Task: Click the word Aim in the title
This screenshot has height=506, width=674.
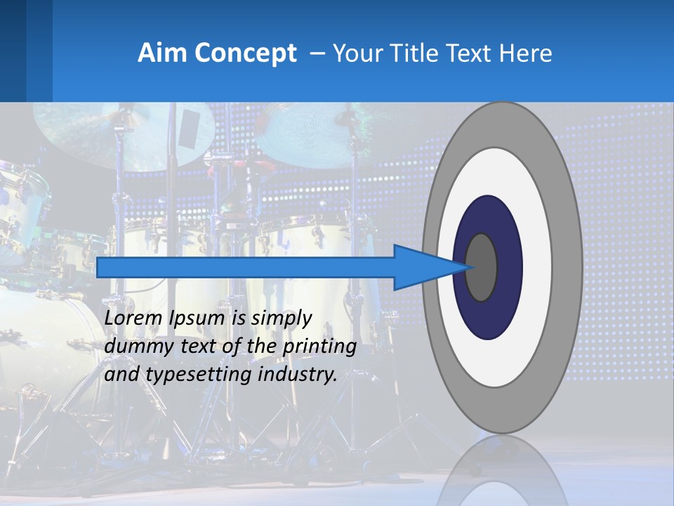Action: click(x=157, y=53)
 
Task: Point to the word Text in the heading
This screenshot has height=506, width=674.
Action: click(x=474, y=53)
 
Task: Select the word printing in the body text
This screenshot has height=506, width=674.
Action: click(x=319, y=346)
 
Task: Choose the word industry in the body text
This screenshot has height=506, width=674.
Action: click(x=300, y=375)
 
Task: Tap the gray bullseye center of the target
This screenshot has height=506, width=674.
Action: click(x=482, y=268)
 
